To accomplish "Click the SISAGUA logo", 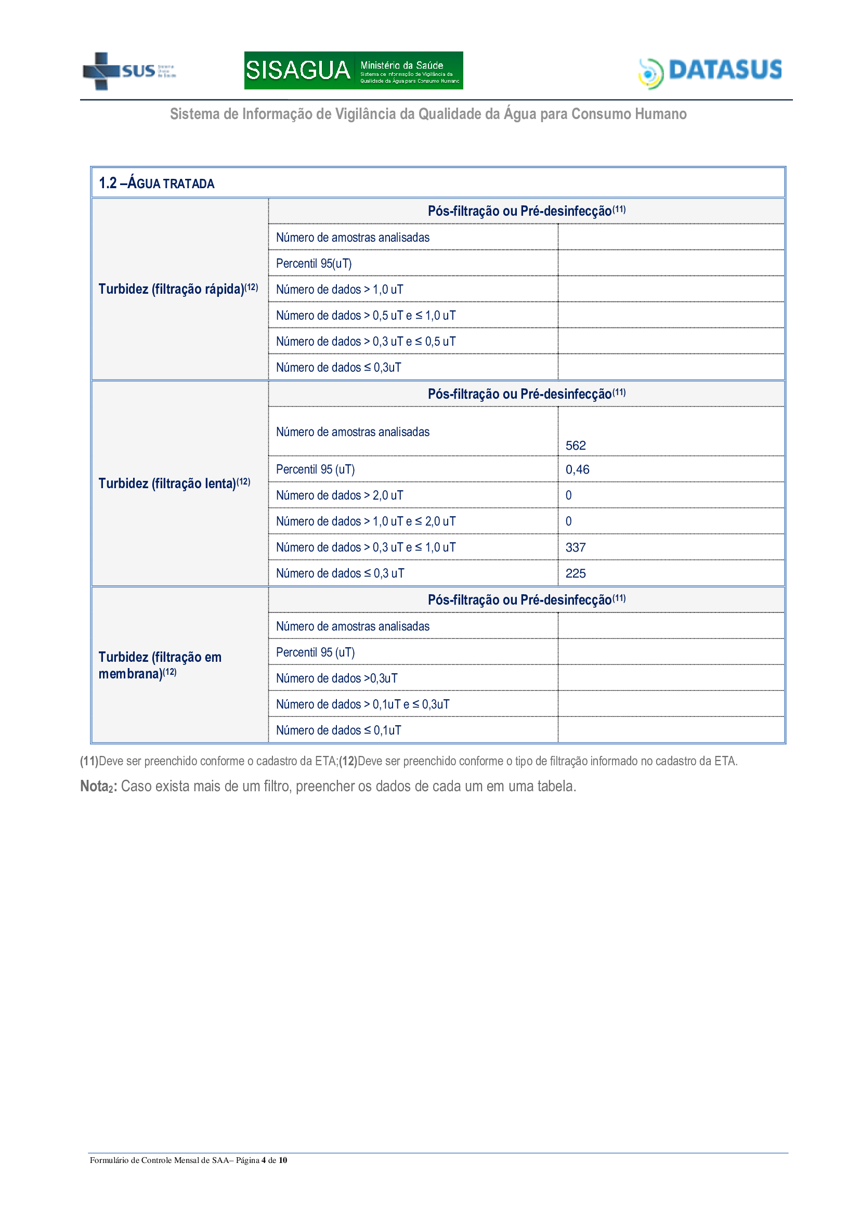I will click(353, 70).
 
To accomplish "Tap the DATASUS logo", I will click(710, 72).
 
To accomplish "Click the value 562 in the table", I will click(575, 446).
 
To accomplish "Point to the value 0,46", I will click(577, 469).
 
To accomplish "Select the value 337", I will click(575, 547).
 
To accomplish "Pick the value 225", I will click(575, 573).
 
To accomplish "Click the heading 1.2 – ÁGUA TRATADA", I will click(157, 183).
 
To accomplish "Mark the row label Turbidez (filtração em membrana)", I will click(160, 665).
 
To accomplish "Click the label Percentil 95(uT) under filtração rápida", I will click(314, 263).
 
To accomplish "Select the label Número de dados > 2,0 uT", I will click(340, 495).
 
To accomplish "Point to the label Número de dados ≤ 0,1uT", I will click(338, 730).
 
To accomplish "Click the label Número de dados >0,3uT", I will click(336, 678).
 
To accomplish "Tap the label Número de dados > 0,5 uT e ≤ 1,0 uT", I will click(366, 316).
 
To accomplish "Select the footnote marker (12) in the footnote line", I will click(348, 761).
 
